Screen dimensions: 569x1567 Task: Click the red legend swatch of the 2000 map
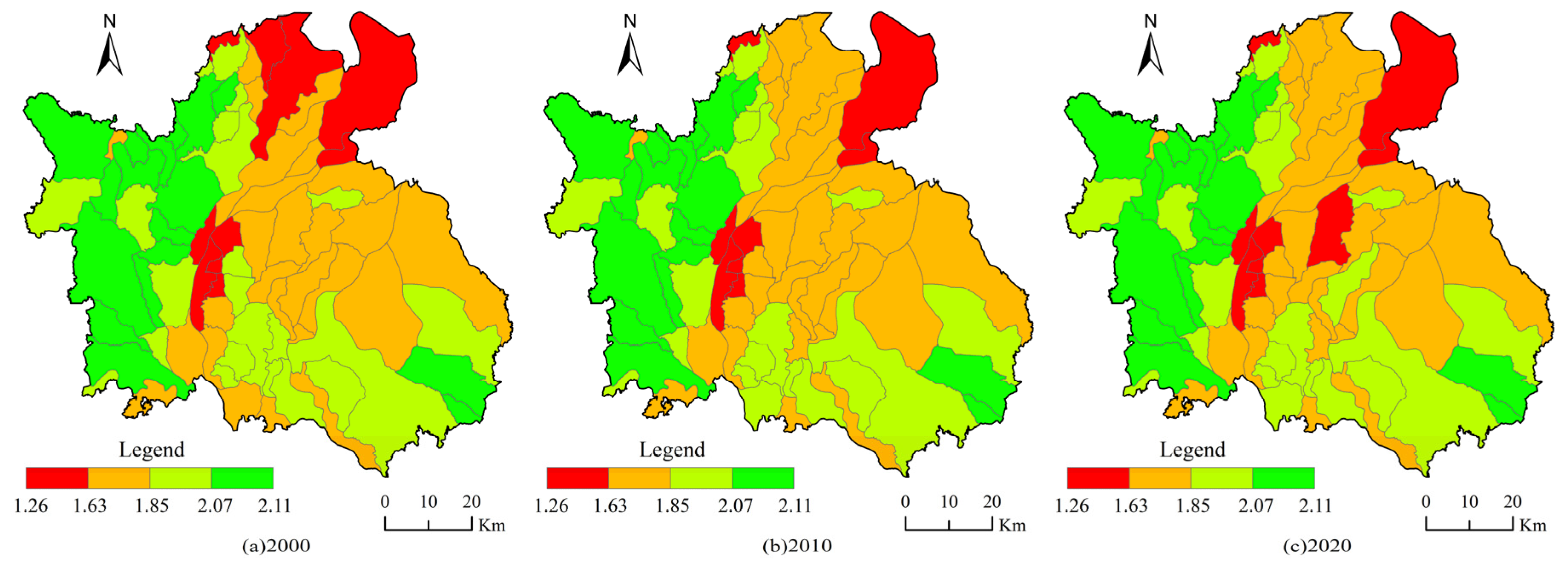[x=57, y=478]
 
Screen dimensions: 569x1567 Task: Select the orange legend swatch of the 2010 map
[x=639, y=478]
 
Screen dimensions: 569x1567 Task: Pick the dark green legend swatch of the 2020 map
[x=1283, y=478]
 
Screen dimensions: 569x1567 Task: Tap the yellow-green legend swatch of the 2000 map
[x=181, y=478]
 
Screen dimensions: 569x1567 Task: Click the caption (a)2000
[x=276, y=545]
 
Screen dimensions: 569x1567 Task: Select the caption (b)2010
[x=797, y=545]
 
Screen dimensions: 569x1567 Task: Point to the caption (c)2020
[x=1317, y=545]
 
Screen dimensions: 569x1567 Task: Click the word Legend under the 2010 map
[x=672, y=450]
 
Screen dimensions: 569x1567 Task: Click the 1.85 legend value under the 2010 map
[x=672, y=505]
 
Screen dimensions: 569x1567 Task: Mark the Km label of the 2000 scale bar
[x=492, y=525]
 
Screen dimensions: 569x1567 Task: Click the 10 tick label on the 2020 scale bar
[x=1469, y=502]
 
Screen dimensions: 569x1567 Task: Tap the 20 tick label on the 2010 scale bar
[x=992, y=502]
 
